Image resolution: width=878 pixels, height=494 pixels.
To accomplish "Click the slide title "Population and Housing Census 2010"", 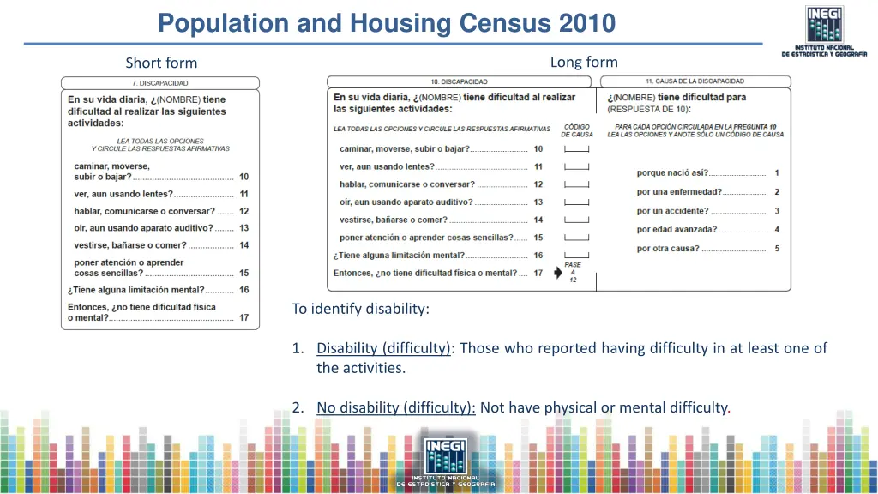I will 387,22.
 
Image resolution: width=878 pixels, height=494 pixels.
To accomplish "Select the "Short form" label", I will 161,63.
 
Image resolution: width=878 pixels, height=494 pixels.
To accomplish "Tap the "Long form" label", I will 583,62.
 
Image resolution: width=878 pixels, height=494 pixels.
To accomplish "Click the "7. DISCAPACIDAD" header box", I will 159,83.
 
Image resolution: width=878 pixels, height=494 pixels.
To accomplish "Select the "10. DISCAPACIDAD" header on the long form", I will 459,81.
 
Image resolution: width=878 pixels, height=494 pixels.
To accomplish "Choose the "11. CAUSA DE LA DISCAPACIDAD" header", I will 695,81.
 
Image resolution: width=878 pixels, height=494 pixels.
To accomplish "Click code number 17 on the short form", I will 244,317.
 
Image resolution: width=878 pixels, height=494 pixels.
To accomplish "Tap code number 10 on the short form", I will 244,177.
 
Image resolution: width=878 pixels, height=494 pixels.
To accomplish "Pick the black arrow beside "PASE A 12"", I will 559,274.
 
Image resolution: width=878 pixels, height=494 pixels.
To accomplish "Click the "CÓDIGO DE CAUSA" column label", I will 577,130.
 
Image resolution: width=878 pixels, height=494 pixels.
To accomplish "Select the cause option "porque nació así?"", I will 672,173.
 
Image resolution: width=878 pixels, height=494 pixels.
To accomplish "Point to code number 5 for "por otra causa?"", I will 777,249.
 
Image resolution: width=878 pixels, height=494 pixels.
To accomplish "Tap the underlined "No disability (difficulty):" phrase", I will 396,407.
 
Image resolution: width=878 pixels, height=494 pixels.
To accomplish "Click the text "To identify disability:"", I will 360,309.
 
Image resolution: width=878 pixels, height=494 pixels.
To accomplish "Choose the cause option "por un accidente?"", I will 672,211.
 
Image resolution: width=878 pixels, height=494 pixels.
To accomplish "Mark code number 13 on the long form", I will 538,202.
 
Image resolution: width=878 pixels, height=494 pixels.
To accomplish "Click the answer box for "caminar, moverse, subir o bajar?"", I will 576,149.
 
